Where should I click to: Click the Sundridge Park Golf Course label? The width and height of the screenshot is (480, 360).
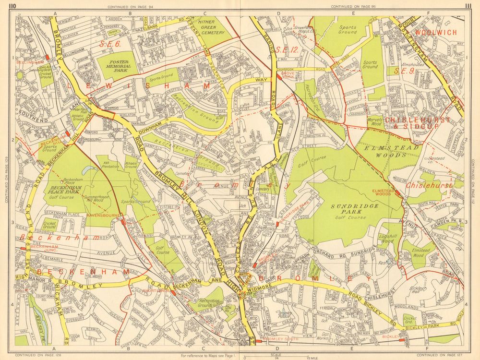(x=354, y=209)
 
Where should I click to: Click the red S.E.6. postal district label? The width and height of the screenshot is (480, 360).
(x=108, y=44)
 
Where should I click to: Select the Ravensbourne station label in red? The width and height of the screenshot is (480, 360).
(x=106, y=216)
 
